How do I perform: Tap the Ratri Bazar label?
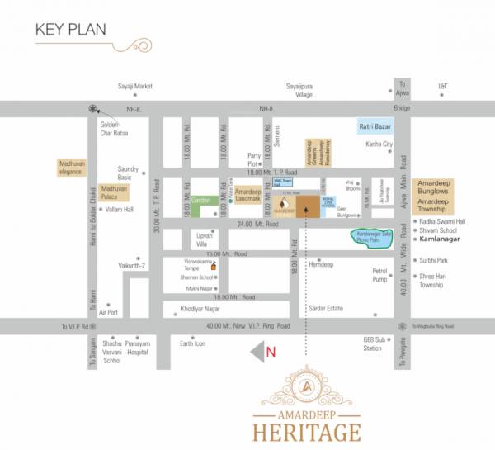click(x=375, y=126)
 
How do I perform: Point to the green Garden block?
click(x=200, y=200)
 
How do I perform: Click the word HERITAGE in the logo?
click(x=308, y=431)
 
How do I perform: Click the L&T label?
click(x=442, y=85)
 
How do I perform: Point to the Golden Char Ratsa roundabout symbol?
click(x=93, y=108)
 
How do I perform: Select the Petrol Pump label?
click(x=379, y=275)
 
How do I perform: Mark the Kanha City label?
click(x=379, y=144)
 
